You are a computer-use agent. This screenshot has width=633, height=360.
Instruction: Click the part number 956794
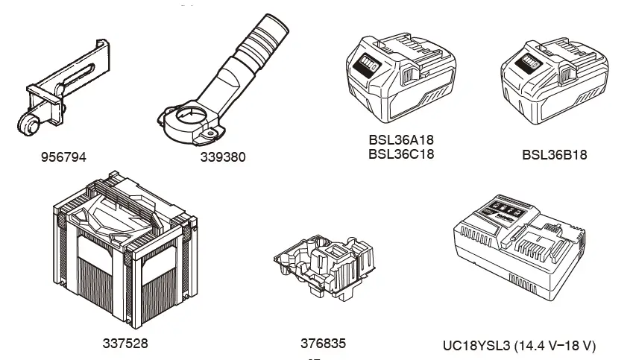coord(63,157)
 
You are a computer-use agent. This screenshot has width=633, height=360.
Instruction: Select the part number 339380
coord(222,157)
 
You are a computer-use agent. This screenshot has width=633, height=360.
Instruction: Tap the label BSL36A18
coord(400,140)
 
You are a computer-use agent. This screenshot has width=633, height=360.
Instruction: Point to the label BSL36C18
coord(400,154)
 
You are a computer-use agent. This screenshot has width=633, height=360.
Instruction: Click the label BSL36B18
coord(554,155)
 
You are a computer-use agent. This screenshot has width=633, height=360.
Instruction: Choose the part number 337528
coord(125,344)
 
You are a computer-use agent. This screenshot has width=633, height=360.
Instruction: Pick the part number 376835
coord(323,344)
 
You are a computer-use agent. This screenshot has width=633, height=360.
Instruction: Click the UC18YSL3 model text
coord(485,346)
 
